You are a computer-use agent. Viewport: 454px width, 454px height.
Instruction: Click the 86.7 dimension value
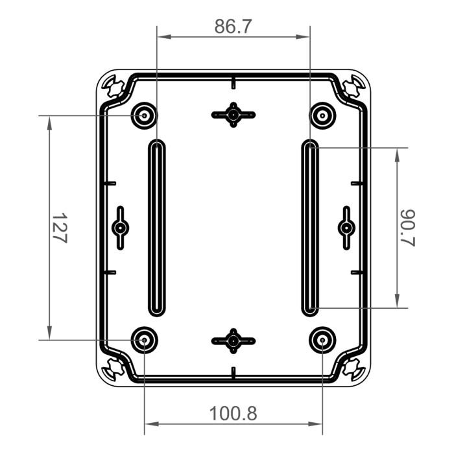[x=233, y=27]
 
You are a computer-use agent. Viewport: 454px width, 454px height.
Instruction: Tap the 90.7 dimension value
[x=407, y=228]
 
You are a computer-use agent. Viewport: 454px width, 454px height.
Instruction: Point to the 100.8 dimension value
[x=233, y=413]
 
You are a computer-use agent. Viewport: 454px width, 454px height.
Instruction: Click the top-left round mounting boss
[x=144, y=116]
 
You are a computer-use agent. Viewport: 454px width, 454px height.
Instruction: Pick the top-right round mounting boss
[x=322, y=116]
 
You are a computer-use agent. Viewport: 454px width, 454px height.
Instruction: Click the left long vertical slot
[x=156, y=228]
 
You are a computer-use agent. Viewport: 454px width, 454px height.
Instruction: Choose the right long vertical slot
[x=311, y=228]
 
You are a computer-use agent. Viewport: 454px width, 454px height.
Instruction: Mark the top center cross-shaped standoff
[x=233, y=115]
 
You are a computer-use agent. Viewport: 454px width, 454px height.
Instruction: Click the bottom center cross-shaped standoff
[x=233, y=340]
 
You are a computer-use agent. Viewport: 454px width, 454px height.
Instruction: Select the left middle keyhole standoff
[x=121, y=228]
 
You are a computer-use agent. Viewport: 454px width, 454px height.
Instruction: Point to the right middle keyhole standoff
[x=346, y=228]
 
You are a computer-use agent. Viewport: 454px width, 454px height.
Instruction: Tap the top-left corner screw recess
[x=113, y=86]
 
